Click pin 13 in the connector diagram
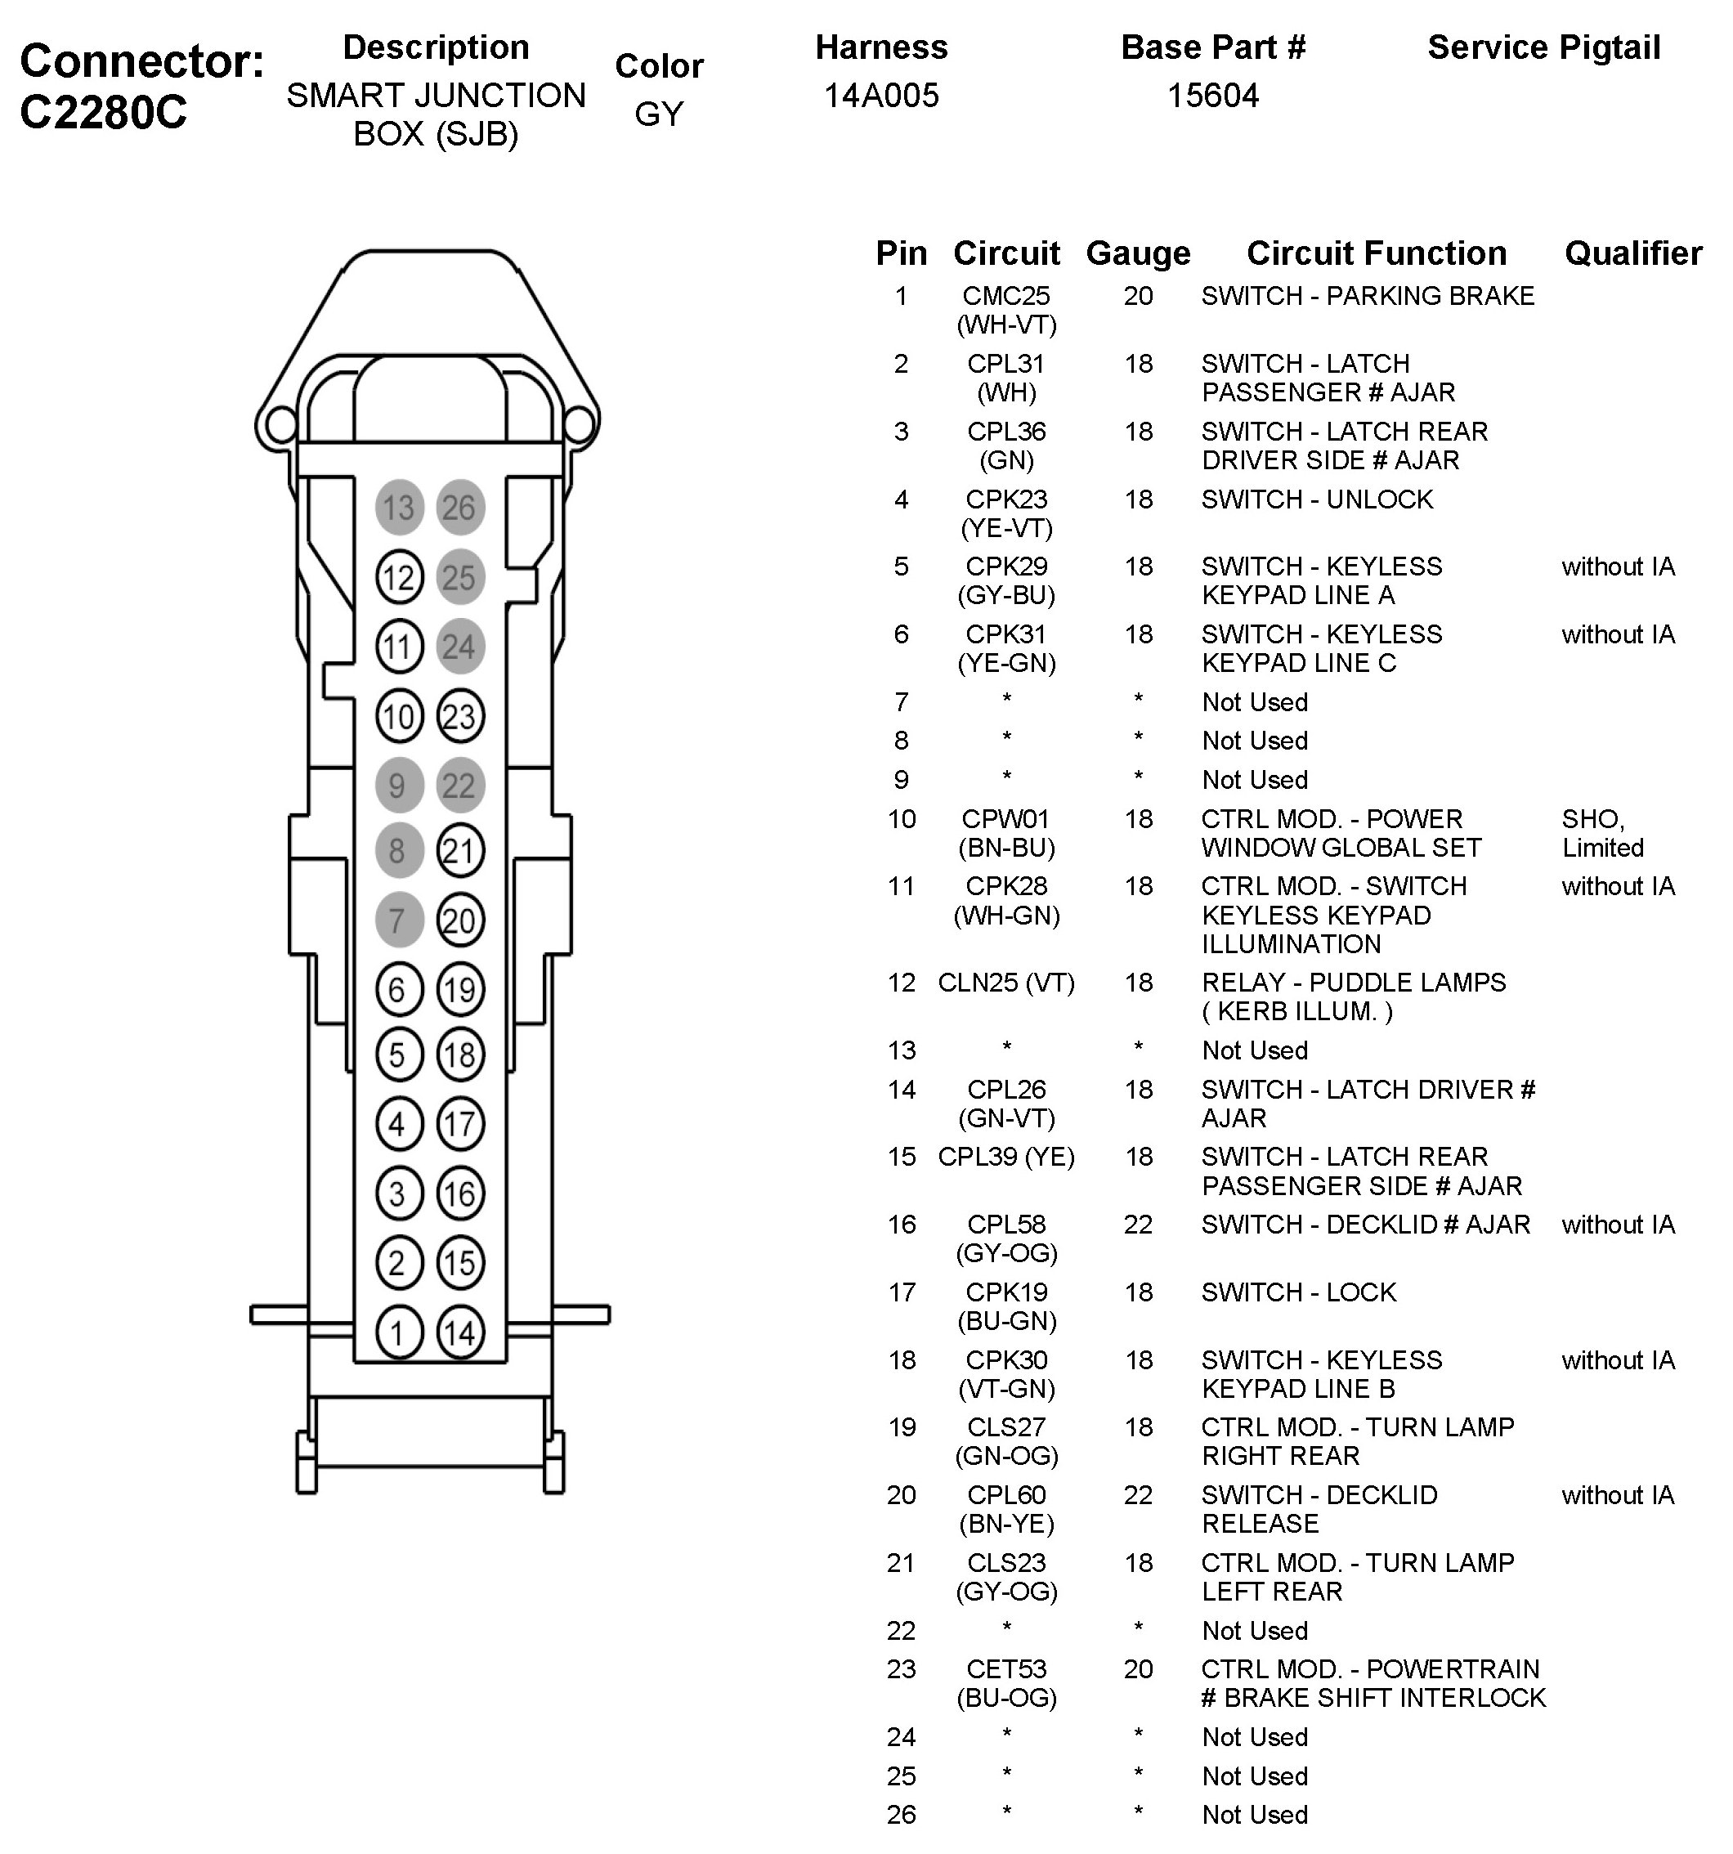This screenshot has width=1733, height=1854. [x=398, y=508]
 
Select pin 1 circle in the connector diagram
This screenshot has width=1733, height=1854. [x=398, y=1332]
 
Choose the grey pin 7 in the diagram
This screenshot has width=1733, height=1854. [x=398, y=920]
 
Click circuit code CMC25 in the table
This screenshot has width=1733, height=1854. [x=1006, y=296]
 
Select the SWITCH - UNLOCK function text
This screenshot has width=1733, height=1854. [x=1316, y=499]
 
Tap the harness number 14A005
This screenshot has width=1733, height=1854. [x=880, y=95]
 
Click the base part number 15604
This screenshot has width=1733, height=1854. [x=1212, y=95]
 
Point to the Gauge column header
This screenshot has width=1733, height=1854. [x=1138, y=253]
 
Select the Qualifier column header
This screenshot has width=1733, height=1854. [x=1632, y=253]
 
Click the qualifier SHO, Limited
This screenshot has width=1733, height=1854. [x=1602, y=833]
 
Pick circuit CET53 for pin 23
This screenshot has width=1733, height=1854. [x=1006, y=1668]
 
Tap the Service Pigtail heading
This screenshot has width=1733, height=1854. [x=1543, y=47]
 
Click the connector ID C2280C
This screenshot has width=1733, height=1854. [x=103, y=112]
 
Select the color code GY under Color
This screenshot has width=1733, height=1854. [x=659, y=114]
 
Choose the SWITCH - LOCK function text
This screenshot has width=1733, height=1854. [x=1298, y=1292]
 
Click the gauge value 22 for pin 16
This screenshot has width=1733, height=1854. [x=1138, y=1224]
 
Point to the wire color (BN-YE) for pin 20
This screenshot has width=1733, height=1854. [x=1006, y=1523]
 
